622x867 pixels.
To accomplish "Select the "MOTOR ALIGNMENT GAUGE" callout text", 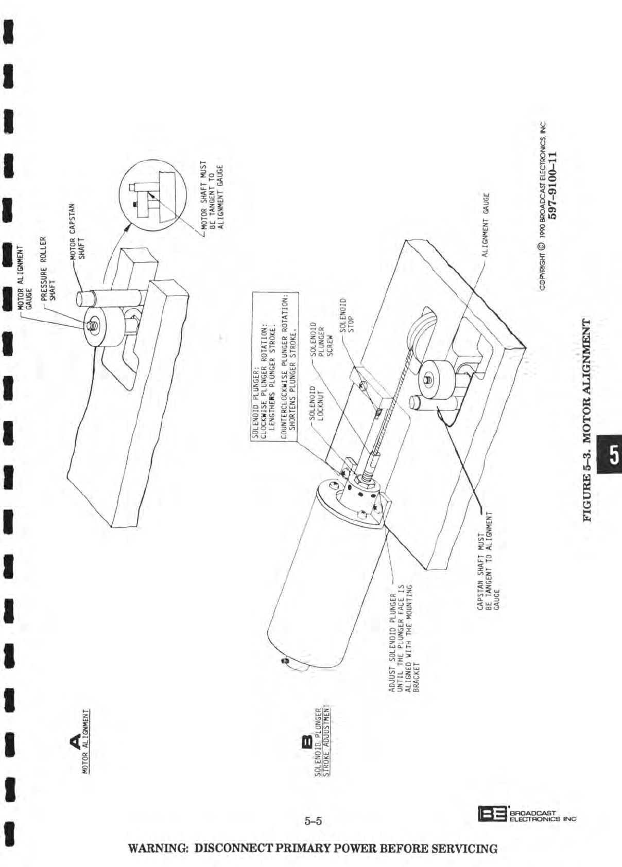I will click(x=25, y=277).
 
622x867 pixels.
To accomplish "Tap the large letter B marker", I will click(x=305, y=741).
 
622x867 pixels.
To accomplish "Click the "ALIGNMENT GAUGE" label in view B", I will click(x=486, y=224).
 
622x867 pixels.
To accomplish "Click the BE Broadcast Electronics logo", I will click(x=526, y=812).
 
